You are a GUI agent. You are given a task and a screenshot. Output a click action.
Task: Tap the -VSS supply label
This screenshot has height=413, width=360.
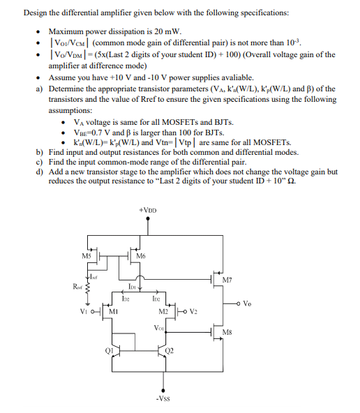click(164, 399)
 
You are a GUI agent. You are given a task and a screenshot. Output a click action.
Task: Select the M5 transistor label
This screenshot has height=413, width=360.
click(87, 255)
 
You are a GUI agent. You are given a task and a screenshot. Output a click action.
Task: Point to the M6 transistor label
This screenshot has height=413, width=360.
click(140, 257)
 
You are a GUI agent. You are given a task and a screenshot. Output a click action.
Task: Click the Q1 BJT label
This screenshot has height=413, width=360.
click(109, 351)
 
